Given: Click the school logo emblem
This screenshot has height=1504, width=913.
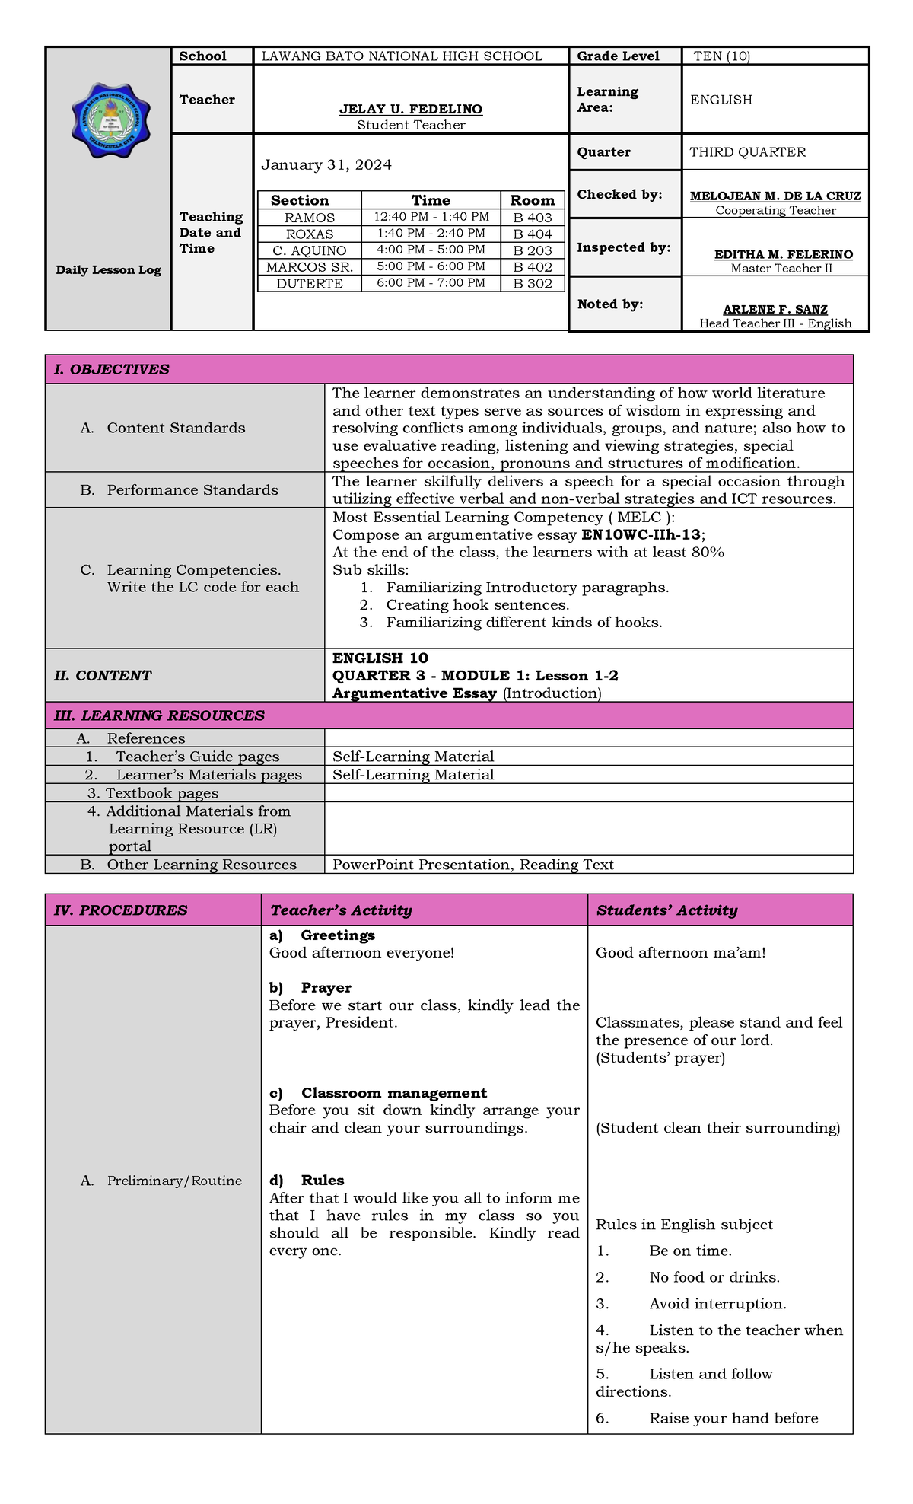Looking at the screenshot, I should tap(110, 120).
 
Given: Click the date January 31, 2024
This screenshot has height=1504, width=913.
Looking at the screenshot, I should tap(326, 165).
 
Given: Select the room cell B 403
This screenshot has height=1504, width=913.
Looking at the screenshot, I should tap(532, 218).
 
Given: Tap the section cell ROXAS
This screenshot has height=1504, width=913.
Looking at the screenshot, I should tap(309, 234).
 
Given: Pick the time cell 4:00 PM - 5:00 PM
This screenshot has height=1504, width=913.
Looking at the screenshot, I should tap(431, 250).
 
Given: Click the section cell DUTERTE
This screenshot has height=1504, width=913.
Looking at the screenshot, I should tap(309, 283).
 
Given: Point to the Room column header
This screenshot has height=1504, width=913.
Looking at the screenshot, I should tap(532, 200).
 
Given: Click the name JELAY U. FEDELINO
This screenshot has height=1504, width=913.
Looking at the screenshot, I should tap(410, 110).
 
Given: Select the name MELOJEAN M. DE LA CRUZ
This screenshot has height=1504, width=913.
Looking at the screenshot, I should tap(775, 196).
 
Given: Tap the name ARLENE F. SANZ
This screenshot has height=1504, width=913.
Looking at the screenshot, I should tap(775, 310).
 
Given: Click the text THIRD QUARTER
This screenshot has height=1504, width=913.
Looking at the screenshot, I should tap(747, 152).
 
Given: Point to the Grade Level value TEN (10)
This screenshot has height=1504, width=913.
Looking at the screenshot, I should tap(721, 56).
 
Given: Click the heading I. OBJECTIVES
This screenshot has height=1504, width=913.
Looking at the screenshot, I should tap(111, 370).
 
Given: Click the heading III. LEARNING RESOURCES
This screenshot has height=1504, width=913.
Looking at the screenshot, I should tap(159, 715).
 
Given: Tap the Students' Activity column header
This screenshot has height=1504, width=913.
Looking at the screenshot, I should tap(666, 910).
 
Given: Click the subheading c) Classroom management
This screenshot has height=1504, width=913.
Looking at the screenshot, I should tap(378, 1093).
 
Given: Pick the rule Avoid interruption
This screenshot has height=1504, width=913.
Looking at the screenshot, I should tap(717, 1305).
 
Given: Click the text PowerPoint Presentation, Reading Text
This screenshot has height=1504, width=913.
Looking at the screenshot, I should tap(472, 865).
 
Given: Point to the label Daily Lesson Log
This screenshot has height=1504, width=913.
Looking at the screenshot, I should tap(108, 270).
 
